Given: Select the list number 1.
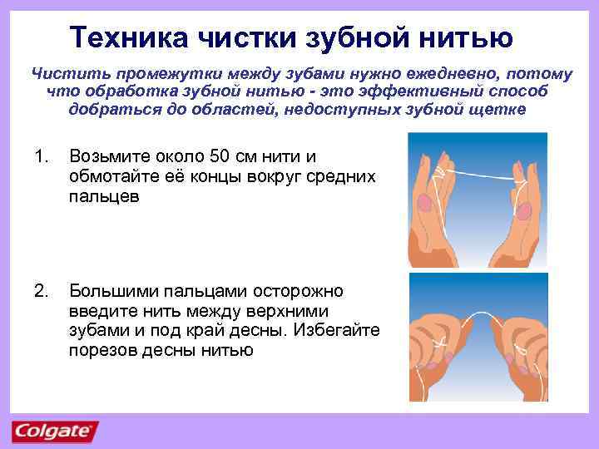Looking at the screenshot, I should click(x=38, y=157).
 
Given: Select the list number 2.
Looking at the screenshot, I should click(x=40, y=292).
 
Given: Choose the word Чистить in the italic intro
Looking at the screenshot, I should click(x=62, y=75).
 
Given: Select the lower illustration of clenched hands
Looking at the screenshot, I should click(x=478, y=336).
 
